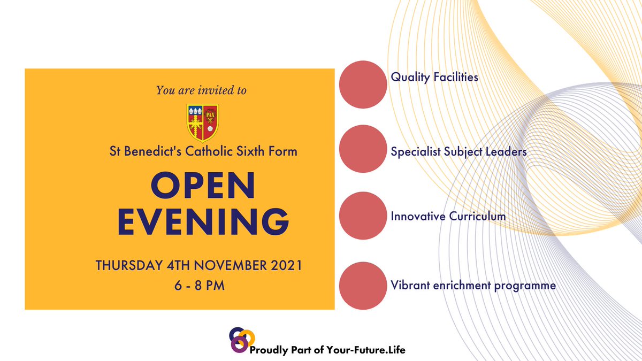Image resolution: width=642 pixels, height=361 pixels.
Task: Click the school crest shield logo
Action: click(202, 122)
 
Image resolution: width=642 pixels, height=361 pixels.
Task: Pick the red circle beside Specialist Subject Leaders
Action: click(363, 149)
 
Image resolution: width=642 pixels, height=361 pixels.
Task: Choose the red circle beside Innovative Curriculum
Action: click(363, 216)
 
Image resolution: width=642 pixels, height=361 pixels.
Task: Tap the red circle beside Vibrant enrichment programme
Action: click(363, 286)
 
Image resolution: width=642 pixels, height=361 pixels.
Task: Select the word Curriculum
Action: click(478, 217)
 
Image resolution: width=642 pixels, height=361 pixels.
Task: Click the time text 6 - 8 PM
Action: click(200, 286)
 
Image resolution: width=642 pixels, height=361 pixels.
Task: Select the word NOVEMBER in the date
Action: click(226, 265)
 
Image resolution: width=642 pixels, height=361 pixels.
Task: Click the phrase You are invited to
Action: click(201, 90)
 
